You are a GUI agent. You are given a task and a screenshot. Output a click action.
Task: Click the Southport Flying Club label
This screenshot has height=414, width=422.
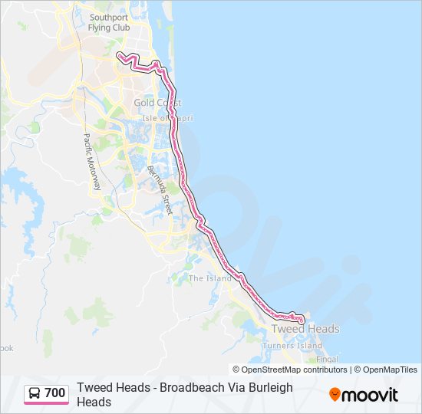[x=110, y=22]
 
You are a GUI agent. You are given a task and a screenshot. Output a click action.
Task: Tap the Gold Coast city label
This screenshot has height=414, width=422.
[x=157, y=103]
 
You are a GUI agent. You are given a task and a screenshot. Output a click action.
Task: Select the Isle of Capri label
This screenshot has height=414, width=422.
[x=168, y=118]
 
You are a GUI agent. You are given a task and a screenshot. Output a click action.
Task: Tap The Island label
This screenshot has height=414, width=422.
[x=209, y=278]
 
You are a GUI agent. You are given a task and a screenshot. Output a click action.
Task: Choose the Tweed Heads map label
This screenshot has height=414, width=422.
[x=305, y=329]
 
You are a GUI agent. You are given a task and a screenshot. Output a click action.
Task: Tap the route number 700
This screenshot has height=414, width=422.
[x=54, y=393]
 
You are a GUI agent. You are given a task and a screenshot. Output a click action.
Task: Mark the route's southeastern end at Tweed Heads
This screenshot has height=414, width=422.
[x=302, y=320]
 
